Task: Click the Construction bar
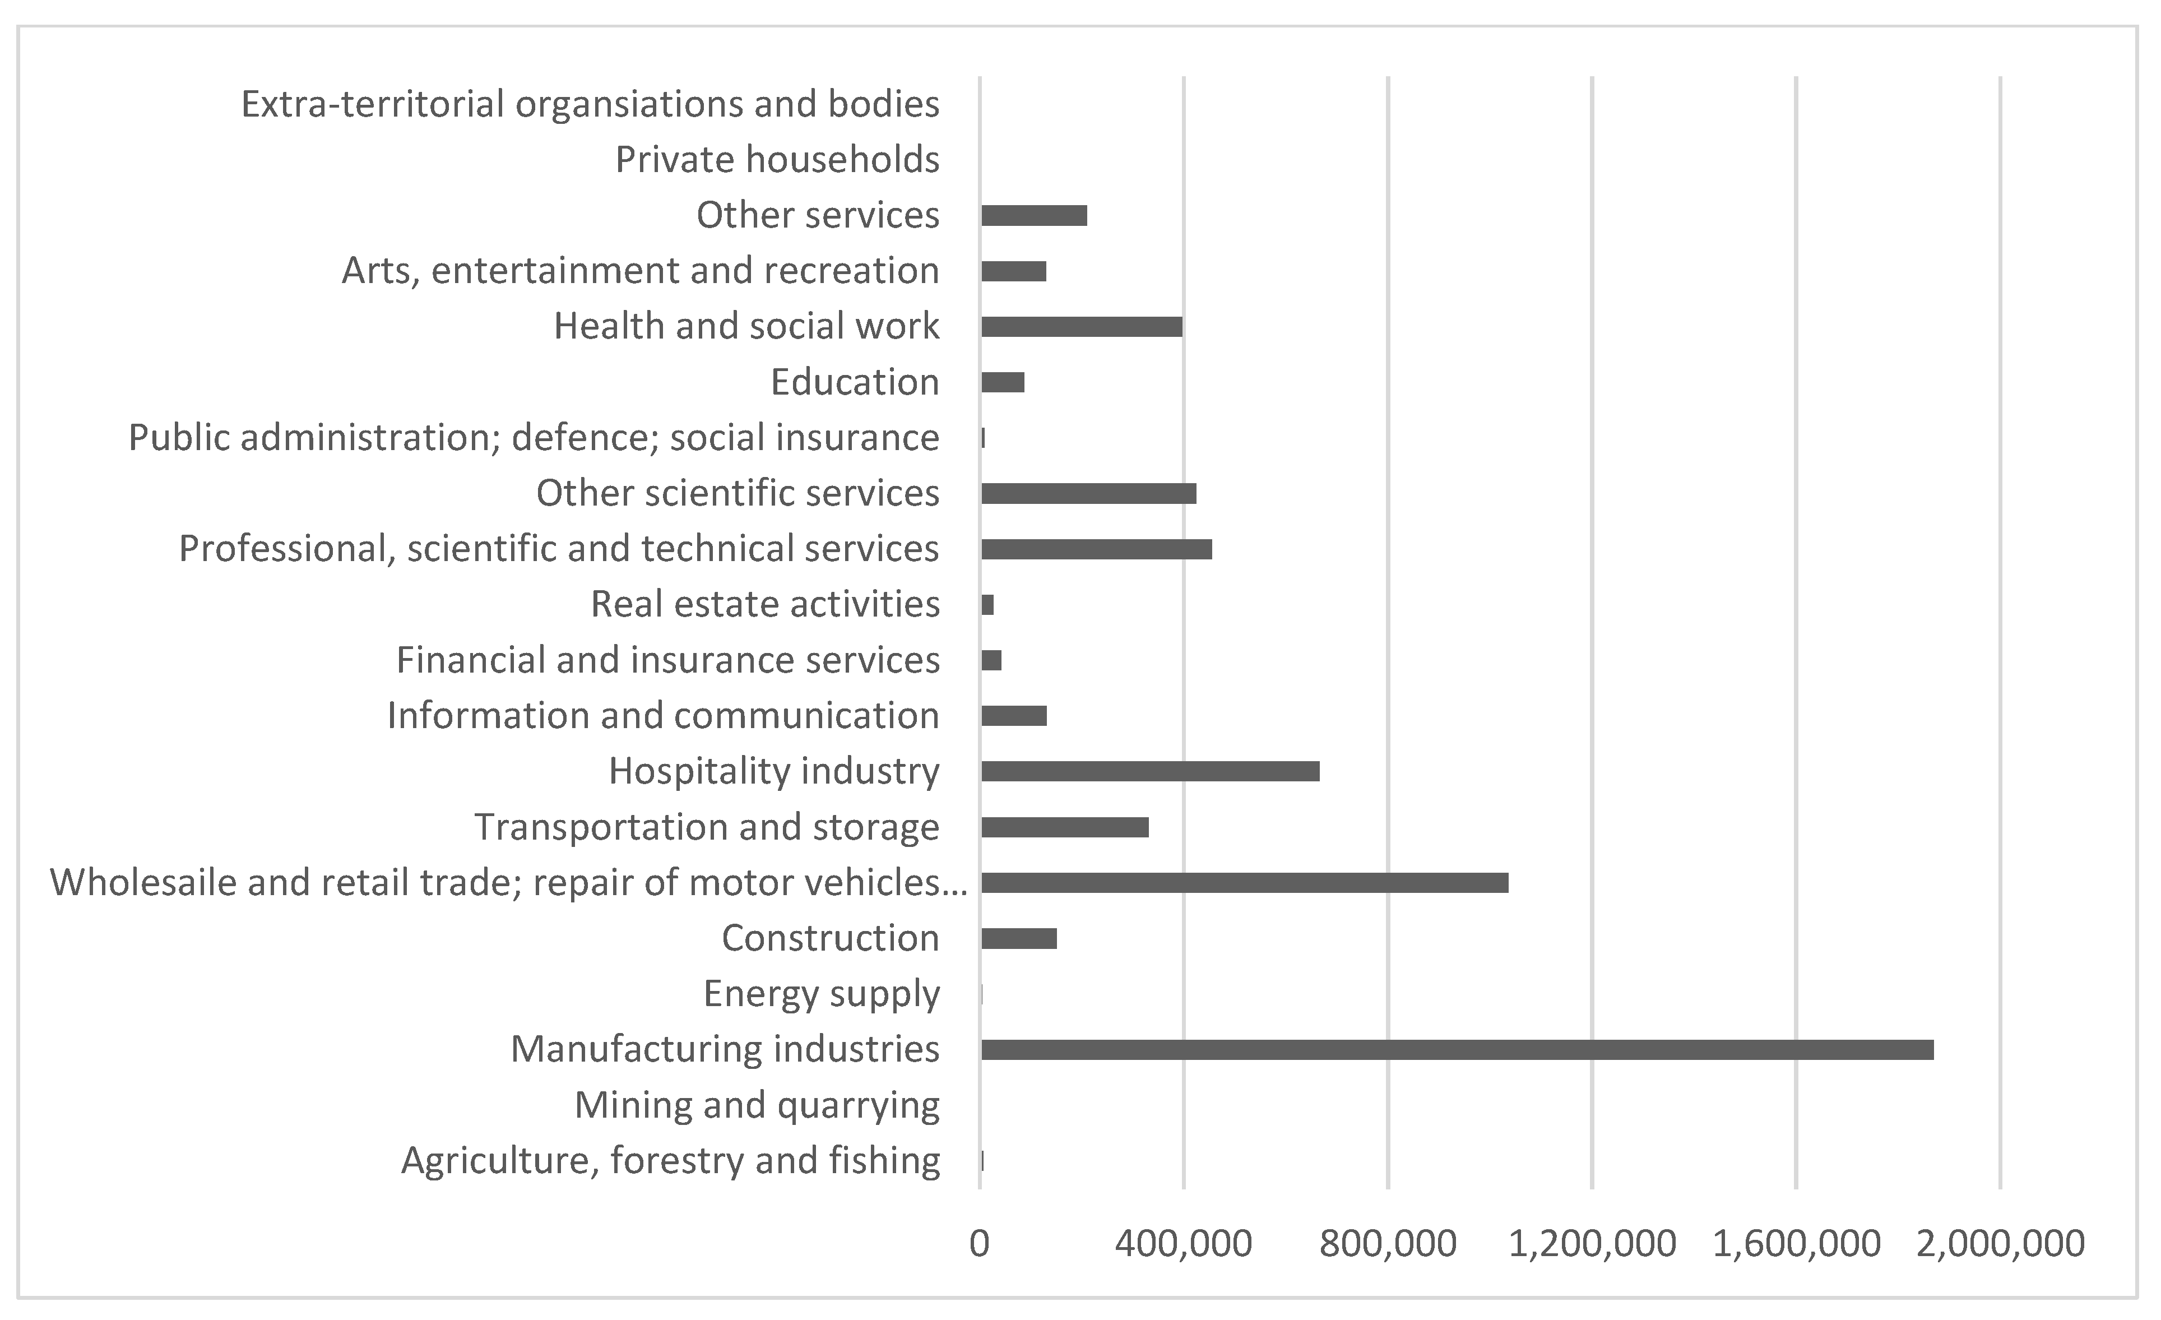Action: pos(1018,938)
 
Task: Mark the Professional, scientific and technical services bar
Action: pos(1096,549)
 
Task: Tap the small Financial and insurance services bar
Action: pos(991,660)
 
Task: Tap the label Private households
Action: pos(777,160)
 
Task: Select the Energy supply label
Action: pos(821,994)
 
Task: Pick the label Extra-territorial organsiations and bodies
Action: pos(590,104)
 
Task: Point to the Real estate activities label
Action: pos(765,604)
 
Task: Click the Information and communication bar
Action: pos(1013,716)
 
